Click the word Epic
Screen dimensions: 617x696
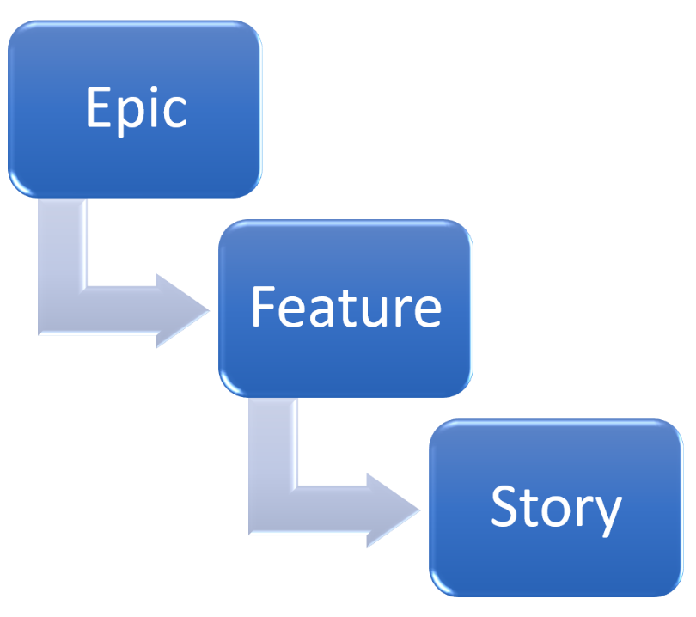click(136, 109)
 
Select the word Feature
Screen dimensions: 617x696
click(345, 308)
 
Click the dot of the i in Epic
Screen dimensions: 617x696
click(156, 89)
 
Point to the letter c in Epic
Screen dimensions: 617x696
click(176, 112)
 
